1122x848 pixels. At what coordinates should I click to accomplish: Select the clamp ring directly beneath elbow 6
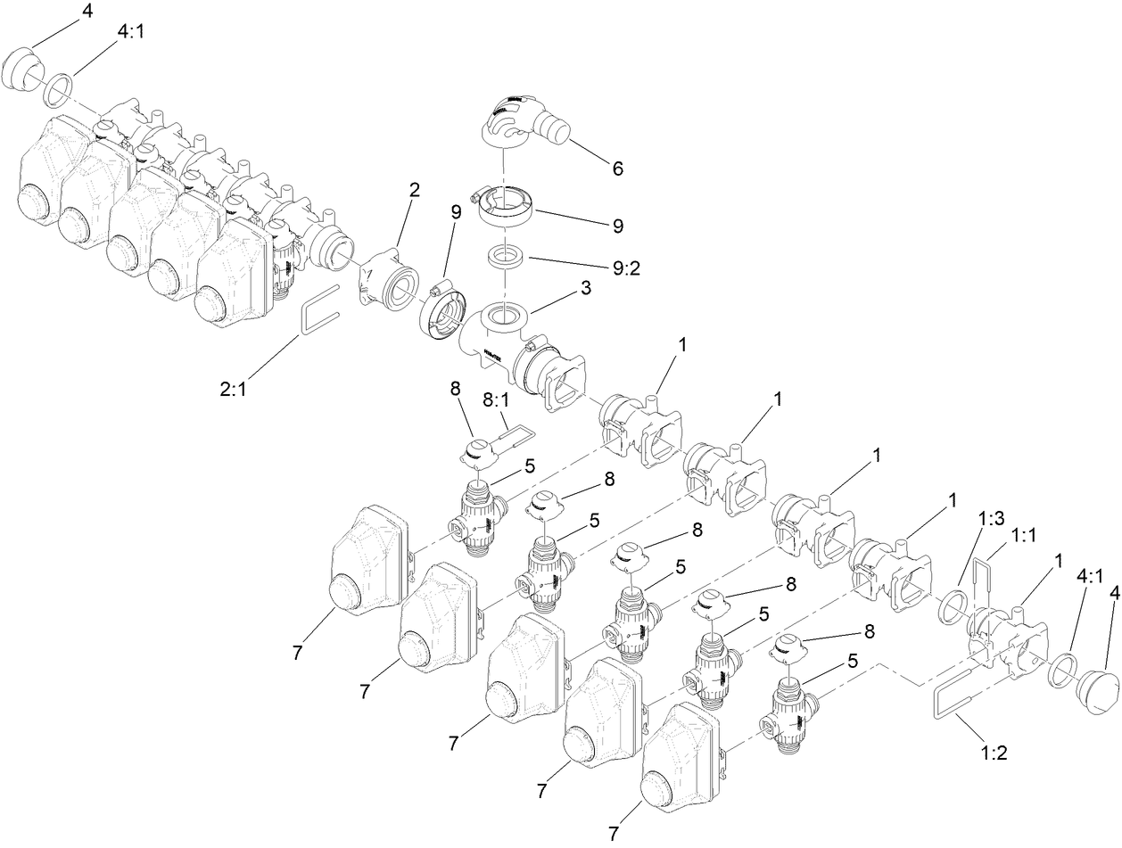point(505,207)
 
